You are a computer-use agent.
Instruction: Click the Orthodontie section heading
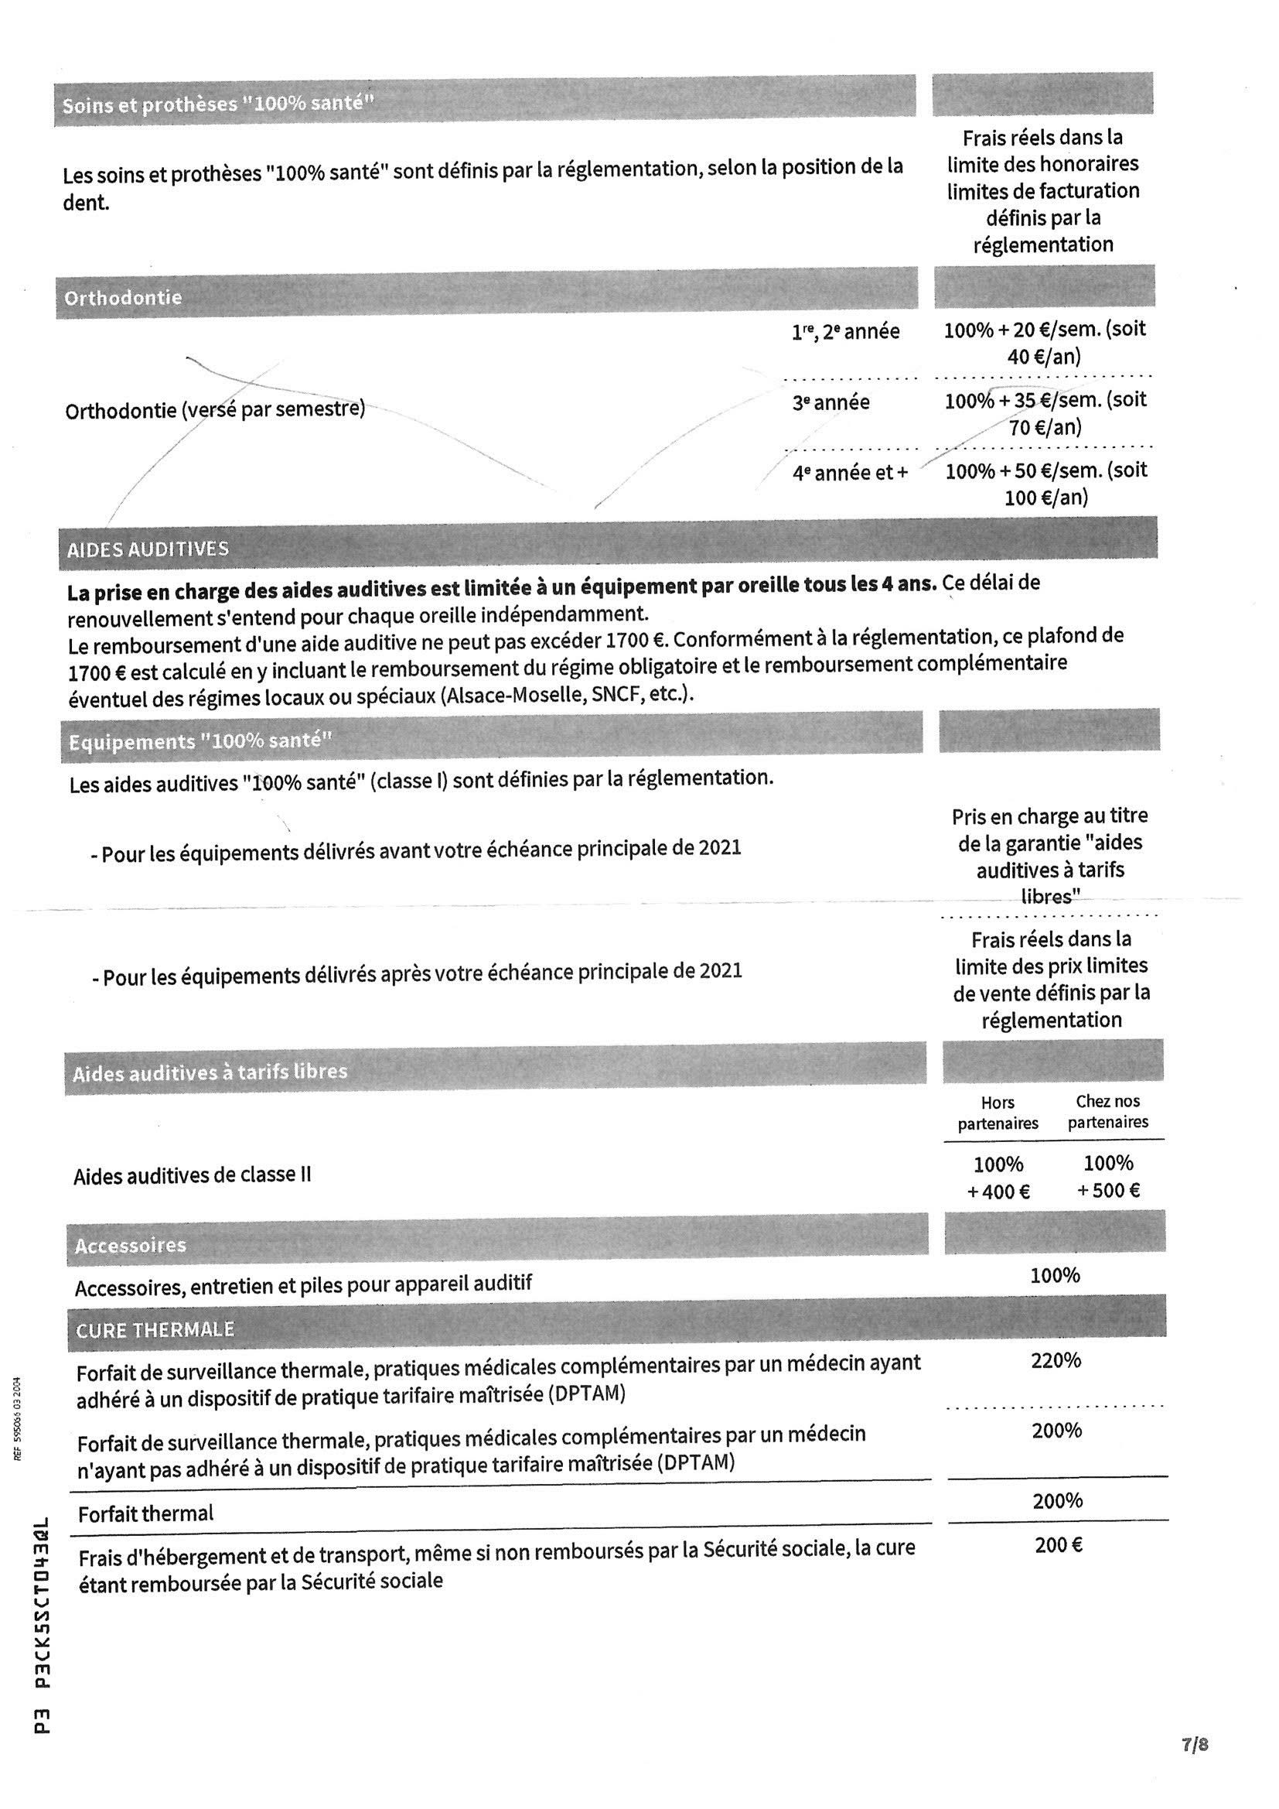[x=123, y=298]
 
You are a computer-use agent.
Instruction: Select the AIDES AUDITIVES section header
[x=148, y=549]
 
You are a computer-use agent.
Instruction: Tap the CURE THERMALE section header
[x=155, y=1330]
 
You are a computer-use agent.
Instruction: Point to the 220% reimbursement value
[x=1056, y=1361]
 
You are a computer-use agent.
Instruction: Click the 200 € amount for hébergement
[x=1059, y=1546]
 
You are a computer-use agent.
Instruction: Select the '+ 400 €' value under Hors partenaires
[x=998, y=1192]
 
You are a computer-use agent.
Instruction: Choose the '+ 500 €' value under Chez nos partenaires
[x=1108, y=1191]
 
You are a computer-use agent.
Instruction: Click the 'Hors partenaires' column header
[x=998, y=1113]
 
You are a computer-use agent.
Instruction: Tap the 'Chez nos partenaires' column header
[x=1108, y=1111]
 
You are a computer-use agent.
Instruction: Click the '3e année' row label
[x=830, y=403]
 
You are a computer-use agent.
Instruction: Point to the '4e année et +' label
[x=850, y=473]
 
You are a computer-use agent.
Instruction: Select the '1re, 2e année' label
[x=845, y=333]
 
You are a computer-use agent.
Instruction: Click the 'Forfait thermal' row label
[x=145, y=1513]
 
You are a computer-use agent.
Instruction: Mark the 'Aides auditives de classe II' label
[x=193, y=1175]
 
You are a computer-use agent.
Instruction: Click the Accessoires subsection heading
[x=131, y=1246]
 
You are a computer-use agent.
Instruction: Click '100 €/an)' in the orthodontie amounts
[x=1046, y=498]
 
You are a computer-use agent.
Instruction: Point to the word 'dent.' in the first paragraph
[x=86, y=203]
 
